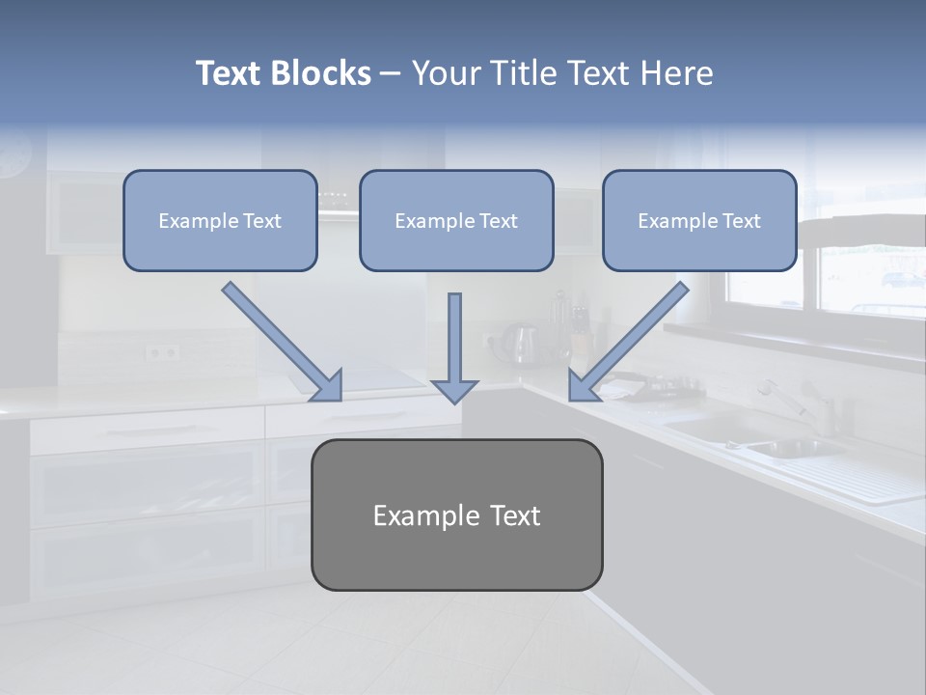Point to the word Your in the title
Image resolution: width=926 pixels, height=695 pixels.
pyautogui.click(x=447, y=73)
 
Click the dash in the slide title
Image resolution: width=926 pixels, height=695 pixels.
pyautogui.click(x=391, y=74)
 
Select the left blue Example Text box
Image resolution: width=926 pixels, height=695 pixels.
pyautogui.click(x=220, y=220)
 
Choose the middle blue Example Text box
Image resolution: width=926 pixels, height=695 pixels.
pyautogui.click(x=456, y=220)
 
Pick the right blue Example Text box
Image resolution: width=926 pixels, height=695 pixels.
pyautogui.click(x=699, y=220)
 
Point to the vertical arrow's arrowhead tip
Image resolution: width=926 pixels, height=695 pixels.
pyautogui.click(x=455, y=402)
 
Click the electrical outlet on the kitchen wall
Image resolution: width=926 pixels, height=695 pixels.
pyautogui.click(x=161, y=352)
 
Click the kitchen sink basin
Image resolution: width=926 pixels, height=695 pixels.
pyautogui.click(x=786, y=447)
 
